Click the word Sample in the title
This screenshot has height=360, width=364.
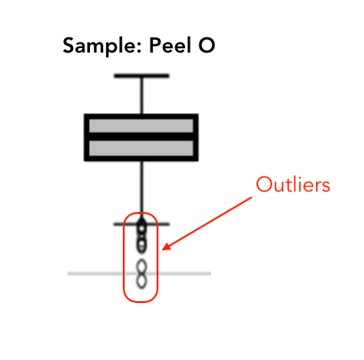[100, 46]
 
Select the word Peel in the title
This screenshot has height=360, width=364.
[170, 45]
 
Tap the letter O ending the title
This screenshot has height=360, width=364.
[206, 45]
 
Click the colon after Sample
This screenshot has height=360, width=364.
[139, 47]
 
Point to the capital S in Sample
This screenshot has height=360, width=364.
[69, 45]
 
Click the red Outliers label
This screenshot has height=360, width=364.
[293, 184]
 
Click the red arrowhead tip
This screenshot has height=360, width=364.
[163, 250]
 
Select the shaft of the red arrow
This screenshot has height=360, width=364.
[207, 224]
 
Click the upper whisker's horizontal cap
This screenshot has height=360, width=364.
[142, 76]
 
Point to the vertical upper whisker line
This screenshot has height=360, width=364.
[142, 95]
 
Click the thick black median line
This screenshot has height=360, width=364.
[142, 136]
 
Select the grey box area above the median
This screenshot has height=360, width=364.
[142, 126]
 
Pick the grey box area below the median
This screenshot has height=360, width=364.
[142, 148]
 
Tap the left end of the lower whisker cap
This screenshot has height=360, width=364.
[114, 225]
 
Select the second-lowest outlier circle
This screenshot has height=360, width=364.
[142, 266]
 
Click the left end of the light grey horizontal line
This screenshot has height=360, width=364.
[69, 274]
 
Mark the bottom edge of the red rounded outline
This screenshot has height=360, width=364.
[141, 302]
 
